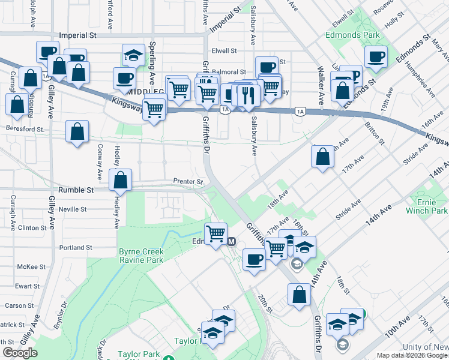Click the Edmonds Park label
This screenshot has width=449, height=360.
click(x=353, y=35)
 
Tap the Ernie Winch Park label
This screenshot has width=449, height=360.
click(x=432, y=206)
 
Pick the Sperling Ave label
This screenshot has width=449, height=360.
click(x=153, y=64)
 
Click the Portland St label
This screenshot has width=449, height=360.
click(x=76, y=247)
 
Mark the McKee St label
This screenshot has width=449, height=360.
click(x=32, y=266)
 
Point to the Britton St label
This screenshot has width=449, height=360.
click(x=374, y=133)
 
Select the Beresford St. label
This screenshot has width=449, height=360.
click(x=25, y=128)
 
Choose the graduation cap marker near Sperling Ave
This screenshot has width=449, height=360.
click(x=133, y=55)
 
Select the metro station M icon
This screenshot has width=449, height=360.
click(x=232, y=241)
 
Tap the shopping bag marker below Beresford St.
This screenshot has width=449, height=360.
click(x=77, y=131)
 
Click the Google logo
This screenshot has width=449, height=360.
click(x=20, y=353)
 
